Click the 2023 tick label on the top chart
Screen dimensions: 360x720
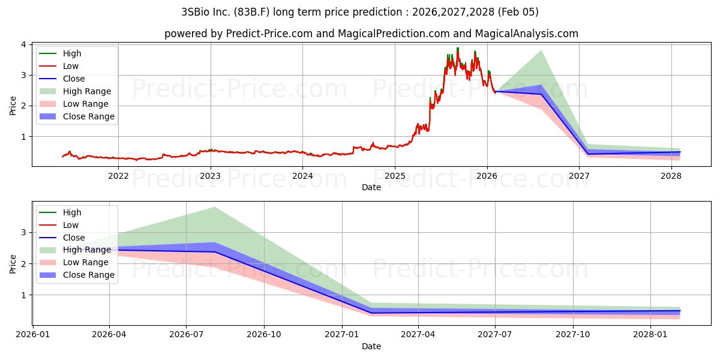pyautogui.click(x=210, y=176)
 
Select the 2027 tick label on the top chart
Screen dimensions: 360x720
pyautogui.click(x=579, y=176)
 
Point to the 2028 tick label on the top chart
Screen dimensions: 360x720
pyautogui.click(x=671, y=176)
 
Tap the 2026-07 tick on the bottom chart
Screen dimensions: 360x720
pyautogui.click(x=187, y=334)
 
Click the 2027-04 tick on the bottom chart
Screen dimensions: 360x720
pyautogui.click(x=418, y=334)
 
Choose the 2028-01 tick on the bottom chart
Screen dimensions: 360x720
pyautogui.click(x=650, y=334)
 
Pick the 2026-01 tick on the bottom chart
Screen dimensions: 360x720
pyautogui.click(x=33, y=334)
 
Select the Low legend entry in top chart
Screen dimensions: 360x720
pyautogui.click(x=71, y=66)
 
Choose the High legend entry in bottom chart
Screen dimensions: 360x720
pyautogui.click(x=72, y=212)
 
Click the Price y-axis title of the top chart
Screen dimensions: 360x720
pyautogui.click(x=13, y=106)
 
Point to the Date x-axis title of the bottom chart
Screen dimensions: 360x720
pyautogui.click(x=371, y=346)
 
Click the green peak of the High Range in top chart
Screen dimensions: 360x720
pyautogui.click(x=541, y=50)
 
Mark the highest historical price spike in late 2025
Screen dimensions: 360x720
pyautogui.click(x=458, y=48)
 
